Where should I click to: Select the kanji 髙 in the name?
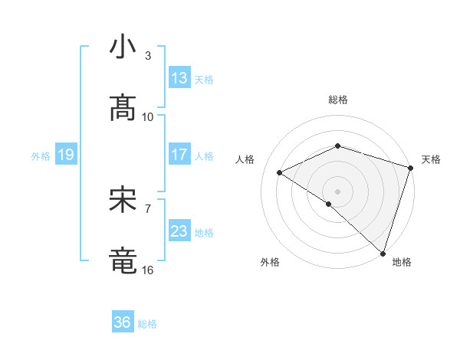pos(123,110)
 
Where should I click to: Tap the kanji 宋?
pos(123,201)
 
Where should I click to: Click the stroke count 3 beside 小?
pos(148,56)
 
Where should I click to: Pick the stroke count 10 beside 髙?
pos(148,117)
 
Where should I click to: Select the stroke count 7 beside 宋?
pos(148,208)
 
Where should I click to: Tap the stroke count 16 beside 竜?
pos(148,270)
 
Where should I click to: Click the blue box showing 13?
pos(179,78)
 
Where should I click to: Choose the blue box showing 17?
pos(179,155)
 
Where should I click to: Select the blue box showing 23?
pos(179,231)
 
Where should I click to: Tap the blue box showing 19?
pos(65,155)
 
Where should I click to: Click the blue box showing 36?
pos(123,323)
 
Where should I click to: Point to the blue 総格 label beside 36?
pos(147,324)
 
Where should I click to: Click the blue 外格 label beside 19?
pos(41,156)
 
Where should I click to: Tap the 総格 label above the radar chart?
pos(338,100)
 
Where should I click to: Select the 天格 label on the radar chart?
pos(431,159)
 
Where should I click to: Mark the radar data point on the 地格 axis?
pos(383,253)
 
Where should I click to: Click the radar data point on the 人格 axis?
pos(280,172)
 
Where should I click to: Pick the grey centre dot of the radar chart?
pos(337,191)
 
